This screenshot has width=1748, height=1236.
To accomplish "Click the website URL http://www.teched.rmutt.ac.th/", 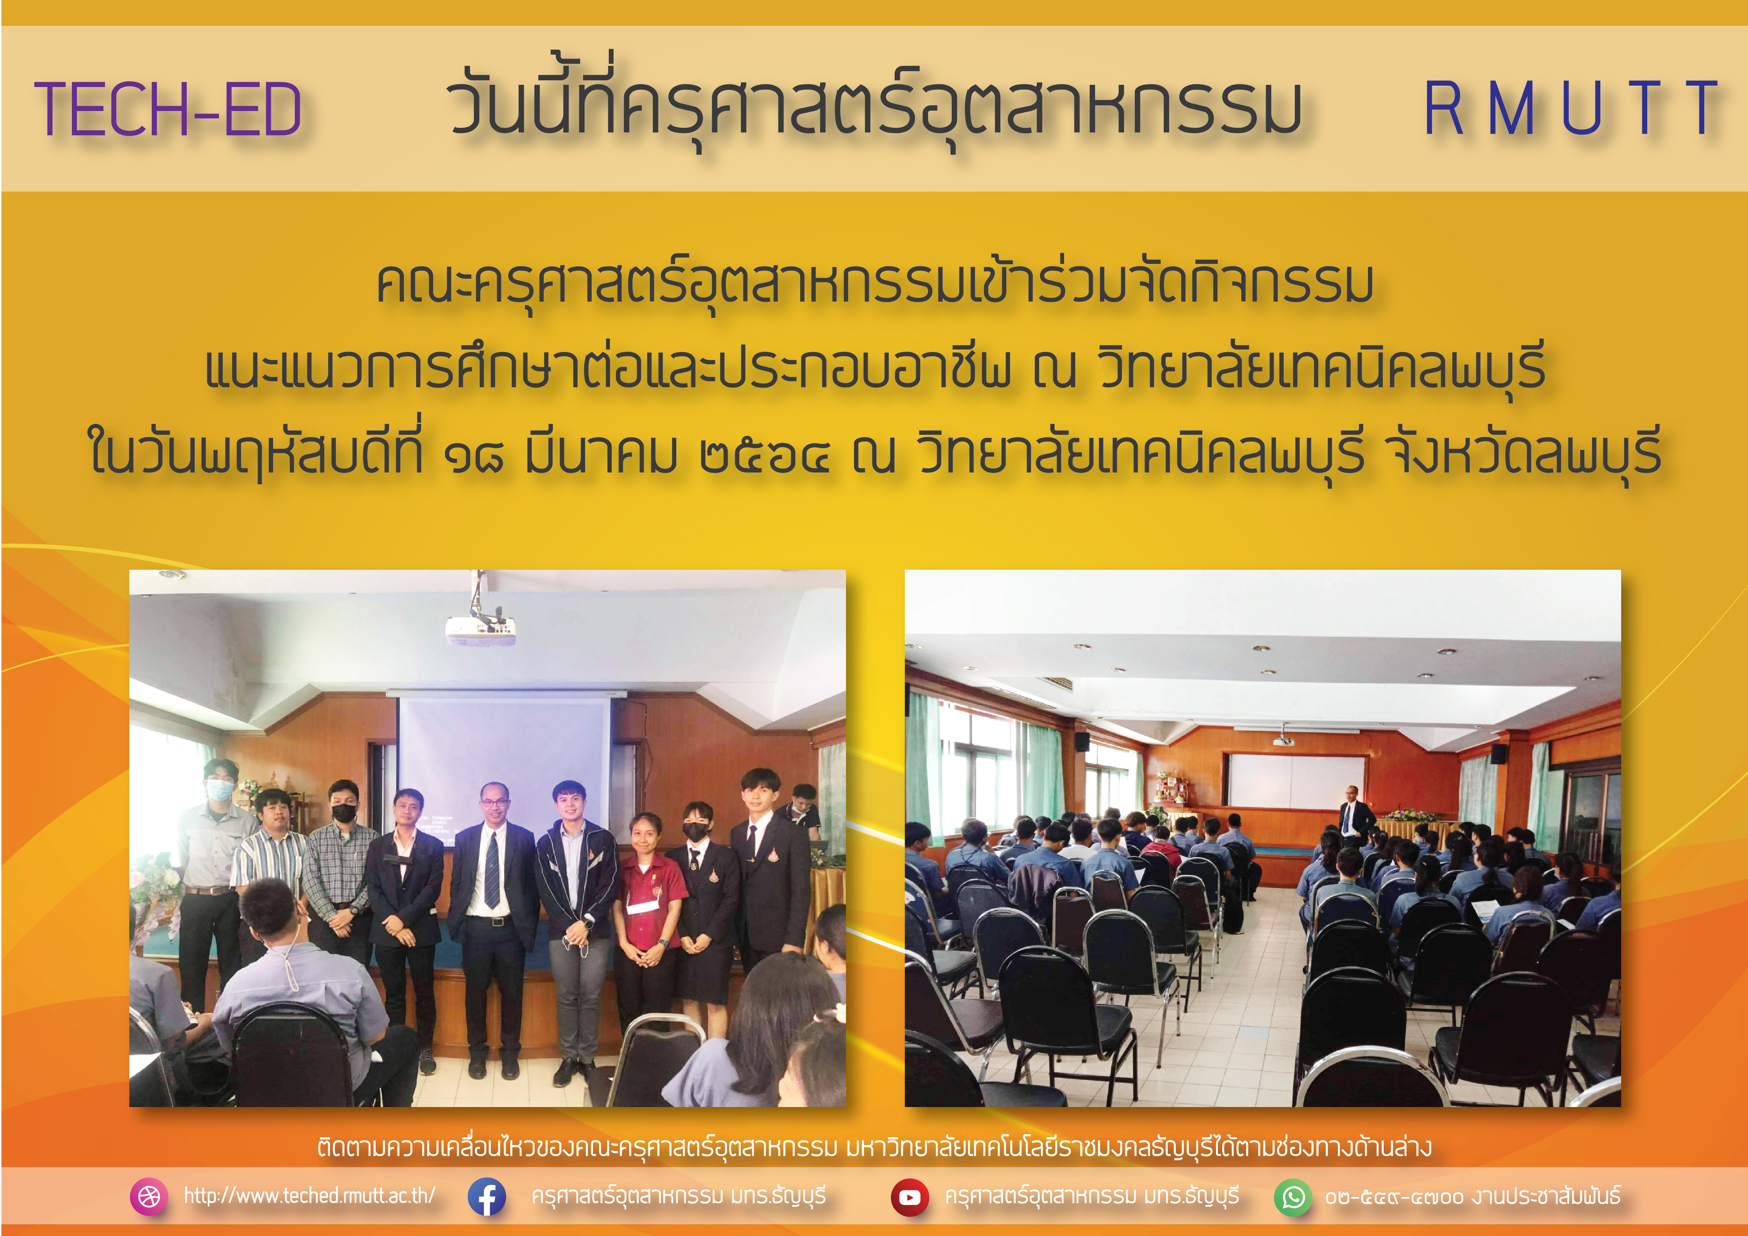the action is point(309,1196).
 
